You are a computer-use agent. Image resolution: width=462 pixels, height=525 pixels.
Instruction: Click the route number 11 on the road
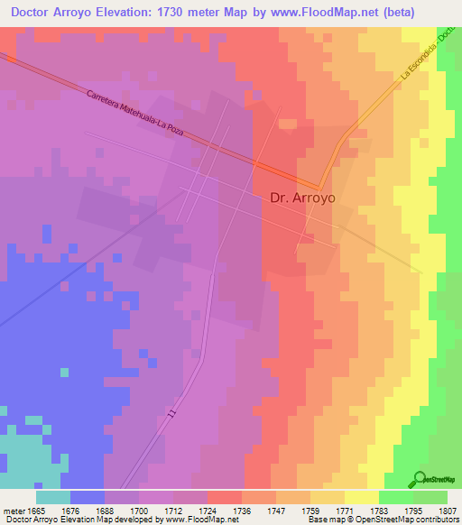[171, 413]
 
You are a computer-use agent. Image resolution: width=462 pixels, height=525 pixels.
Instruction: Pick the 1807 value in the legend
[448, 510]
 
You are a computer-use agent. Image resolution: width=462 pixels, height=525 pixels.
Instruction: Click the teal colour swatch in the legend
[53, 496]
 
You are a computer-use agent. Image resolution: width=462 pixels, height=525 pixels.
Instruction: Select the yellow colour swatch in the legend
[361, 496]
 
